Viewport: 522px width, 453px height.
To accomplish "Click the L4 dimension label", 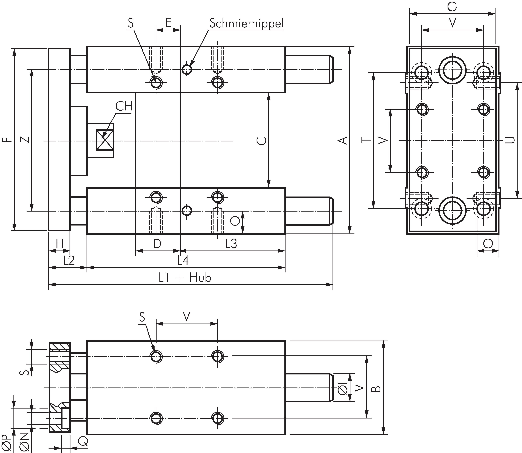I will point(183,260).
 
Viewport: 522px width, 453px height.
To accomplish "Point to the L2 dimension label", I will point(69,260).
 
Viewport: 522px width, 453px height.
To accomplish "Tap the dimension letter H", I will point(60,244).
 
